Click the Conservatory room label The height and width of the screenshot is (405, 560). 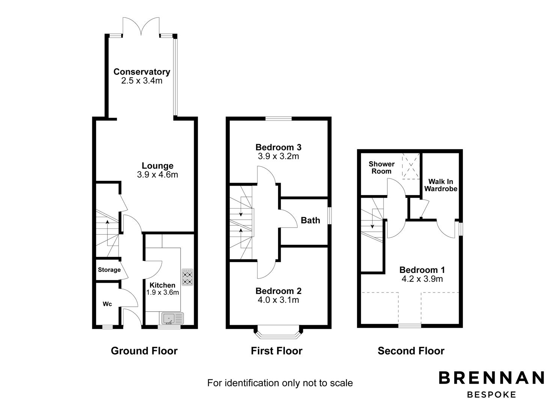142,72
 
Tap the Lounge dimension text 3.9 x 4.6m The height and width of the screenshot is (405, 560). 157,174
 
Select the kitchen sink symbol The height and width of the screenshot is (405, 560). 173,319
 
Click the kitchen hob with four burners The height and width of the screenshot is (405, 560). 187,277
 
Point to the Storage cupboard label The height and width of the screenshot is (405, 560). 109,270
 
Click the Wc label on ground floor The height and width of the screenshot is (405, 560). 107,304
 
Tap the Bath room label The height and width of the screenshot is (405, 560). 310,220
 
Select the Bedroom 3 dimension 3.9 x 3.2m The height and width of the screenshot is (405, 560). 278,156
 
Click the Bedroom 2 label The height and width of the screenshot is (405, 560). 278,291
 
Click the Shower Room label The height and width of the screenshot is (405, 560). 381,168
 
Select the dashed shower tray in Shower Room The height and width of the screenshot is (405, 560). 410,166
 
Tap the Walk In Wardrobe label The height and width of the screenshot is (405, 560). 441,185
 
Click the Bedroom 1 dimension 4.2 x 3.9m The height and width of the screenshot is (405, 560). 422,279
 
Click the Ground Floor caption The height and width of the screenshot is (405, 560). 144,351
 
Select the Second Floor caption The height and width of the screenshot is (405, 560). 411,351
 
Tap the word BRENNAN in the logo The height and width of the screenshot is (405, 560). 491,378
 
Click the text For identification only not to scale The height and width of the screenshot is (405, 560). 280,383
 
